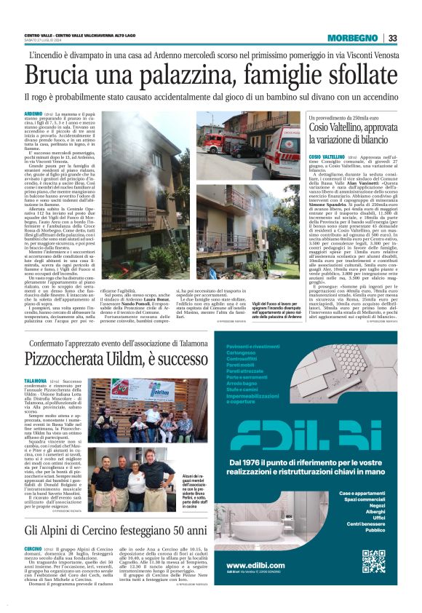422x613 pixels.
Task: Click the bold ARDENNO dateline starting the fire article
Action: pyautogui.click(x=33, y=114)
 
